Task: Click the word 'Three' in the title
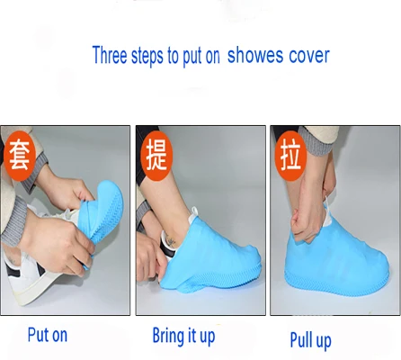point(110,55)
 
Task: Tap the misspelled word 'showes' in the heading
point(255,56)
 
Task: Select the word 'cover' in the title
point(309,56)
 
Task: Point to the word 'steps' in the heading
point(147,56)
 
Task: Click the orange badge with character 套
point(20,156)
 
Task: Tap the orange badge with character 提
point(156,156)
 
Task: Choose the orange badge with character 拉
point(290,156)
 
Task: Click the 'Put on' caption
point(48,335)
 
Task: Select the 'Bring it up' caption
point(183,336)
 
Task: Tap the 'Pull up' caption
point(310,340)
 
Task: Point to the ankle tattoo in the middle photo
point(171,241)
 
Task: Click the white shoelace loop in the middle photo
point(195,212)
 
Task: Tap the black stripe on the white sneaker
point(13,270)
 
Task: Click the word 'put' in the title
point(192,57)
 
